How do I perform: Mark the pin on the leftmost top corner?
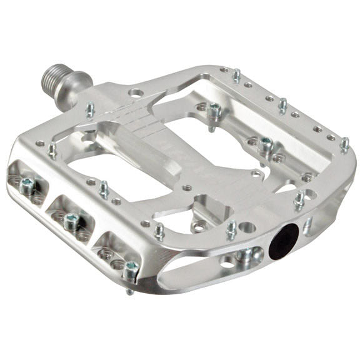coord(52,149)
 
